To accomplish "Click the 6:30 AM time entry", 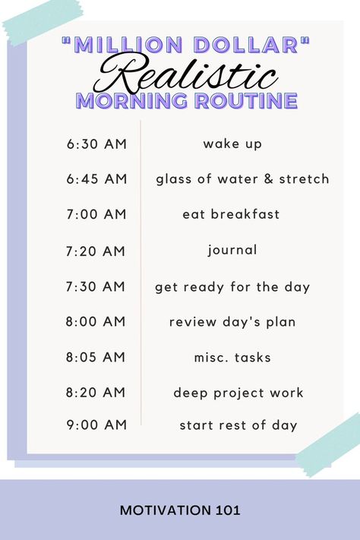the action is pyautogui.click(x=96, y=144).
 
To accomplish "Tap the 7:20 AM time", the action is pyautogui.click(x=96, y=251).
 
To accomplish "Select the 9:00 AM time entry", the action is pyautogui.click(x=96, y=425).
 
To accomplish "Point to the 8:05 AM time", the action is pyautogui.click(x=96, y=357).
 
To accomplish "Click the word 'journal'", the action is pyautogui.click(x=232, y=251).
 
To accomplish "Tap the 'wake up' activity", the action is pyautogui.click(x=232, y=144).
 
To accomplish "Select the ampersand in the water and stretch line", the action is pyautogui.click(x=269, y=178).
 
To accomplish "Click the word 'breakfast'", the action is pyautogui.click(x=245, y=214).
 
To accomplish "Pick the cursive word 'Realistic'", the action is pyautogui.click(x=186, y=74).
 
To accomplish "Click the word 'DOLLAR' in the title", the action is pyautogui.click(x=246, y=45).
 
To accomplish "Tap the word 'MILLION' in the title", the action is pyautogui.click(x=128, y=45).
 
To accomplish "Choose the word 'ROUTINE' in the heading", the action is pyautogui.click(x=246, y=100).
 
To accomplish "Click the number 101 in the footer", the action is pyautogui.click(x=229, y=510).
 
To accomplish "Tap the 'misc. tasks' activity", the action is pyautogui.click(x=232, y=358).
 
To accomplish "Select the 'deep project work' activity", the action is pyautogui.click(x=238, y=393).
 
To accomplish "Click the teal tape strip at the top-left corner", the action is pyautogui.click(x=43, y=21).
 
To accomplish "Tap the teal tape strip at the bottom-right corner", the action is pyautogui.click(x=329, y=445).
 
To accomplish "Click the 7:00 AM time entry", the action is pyautogui.click(x=96, y=214).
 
